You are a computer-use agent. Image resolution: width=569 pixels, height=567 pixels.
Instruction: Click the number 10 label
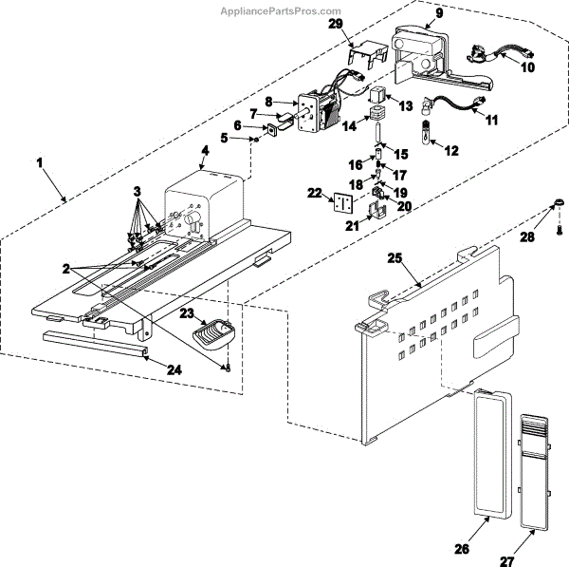528,67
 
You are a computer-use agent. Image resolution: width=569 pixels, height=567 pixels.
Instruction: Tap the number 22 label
313,193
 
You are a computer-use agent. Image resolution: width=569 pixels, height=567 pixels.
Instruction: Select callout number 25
396,257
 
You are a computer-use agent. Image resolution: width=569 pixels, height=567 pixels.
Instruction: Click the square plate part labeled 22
341,202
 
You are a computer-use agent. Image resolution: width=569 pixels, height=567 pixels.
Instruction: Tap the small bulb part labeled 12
427,127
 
